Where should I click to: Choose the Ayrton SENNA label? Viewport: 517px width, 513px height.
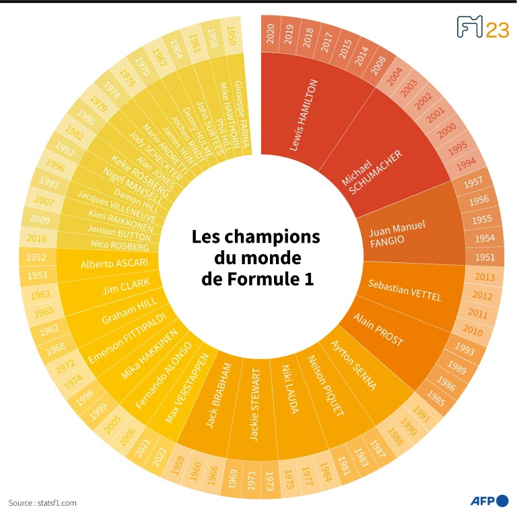coord(354,366)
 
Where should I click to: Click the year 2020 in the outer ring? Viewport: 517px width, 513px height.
coord(271,34)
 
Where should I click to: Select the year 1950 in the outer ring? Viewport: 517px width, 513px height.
coord(231,36)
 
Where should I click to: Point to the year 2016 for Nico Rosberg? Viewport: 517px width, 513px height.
coord(38,238)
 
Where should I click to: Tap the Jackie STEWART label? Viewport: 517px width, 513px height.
coord(254,404)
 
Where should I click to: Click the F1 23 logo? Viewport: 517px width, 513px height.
coord(482,28)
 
